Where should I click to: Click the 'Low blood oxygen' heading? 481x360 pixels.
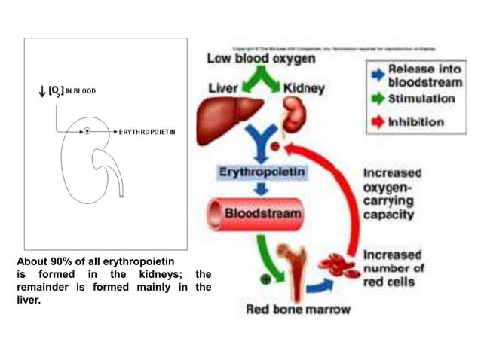pyautogui.click(x=262, y=59)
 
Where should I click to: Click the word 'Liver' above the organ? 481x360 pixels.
pyautogui.click(x=224, y=88)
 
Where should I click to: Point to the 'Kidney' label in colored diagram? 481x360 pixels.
pyautogui.click(x=303, y=88)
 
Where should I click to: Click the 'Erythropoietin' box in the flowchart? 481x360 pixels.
pyautogui.click(x=262, y=172)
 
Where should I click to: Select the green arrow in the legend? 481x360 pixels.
pyautogui.click(x=377, y=99)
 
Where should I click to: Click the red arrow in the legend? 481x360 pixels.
pyautogui.click(x=377, y=121)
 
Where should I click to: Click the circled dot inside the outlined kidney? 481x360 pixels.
pyautogui.click(x=87, y=131)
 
